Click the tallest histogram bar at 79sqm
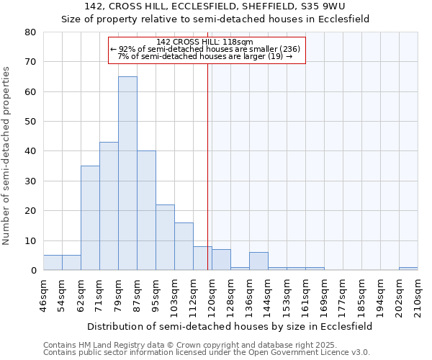tap(127, 173)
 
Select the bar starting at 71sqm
tap(109, 206)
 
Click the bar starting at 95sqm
tap(165, 237)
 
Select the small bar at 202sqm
tap(408, 269)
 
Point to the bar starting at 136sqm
tap(258, 261)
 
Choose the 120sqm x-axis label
tap(212, 295)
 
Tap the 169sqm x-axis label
tap(325, 295)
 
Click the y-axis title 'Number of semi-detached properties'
tap(7, 155)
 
